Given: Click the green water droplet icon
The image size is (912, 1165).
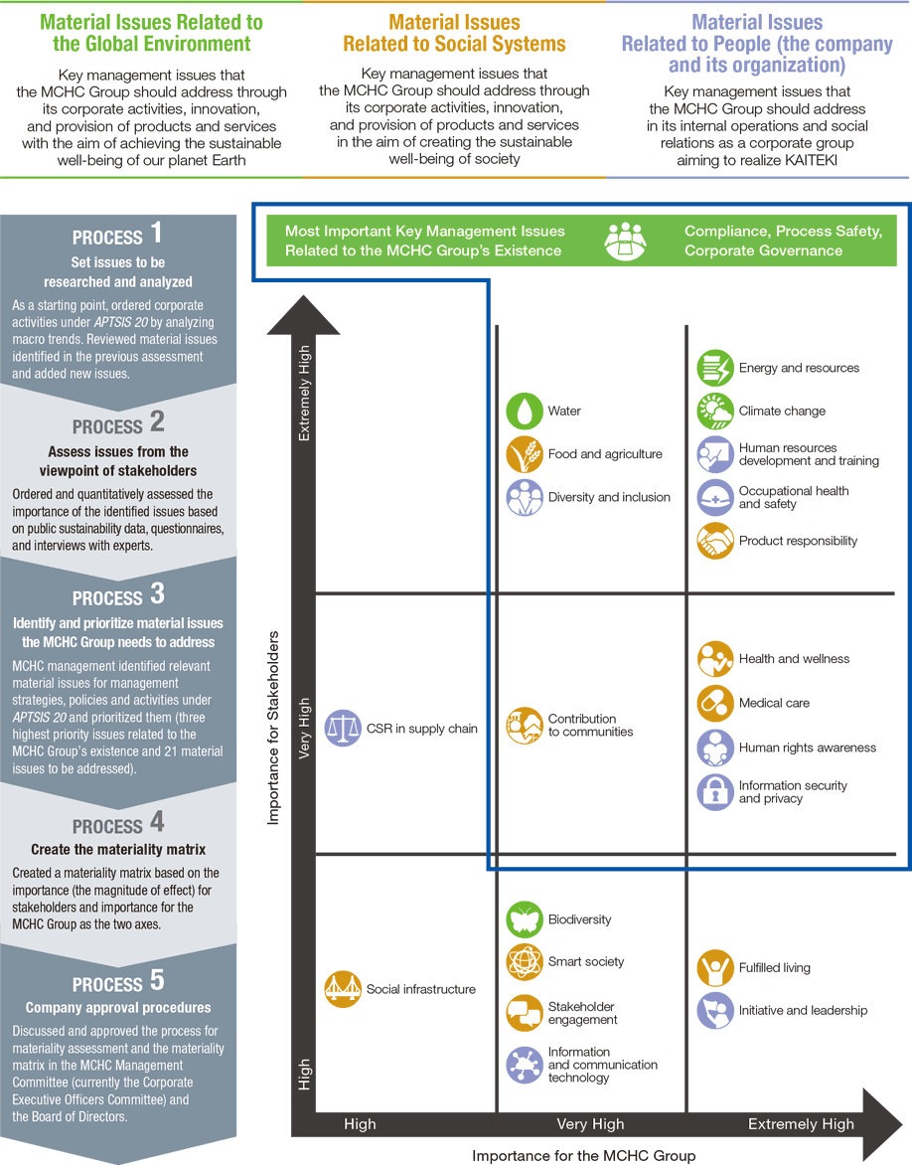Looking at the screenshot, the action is [x=525, y=411].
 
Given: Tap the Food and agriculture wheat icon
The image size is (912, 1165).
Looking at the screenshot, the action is [x=525, y=454].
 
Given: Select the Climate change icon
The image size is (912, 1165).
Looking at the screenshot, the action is [x=715, y=411].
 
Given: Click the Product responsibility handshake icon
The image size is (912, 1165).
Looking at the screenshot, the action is [x=715, y=541].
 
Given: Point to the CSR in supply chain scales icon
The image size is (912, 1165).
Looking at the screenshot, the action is [x=343, y=728].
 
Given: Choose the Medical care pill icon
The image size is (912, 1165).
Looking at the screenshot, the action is [x=715, y=703].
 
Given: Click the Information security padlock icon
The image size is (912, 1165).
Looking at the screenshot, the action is [x=715, y=792].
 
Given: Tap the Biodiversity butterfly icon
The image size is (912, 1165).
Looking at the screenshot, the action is [x=525, y=919].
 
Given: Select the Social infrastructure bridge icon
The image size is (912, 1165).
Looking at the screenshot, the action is [x=343, y=989].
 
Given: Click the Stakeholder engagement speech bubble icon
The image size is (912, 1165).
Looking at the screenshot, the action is [x=525, y=1013].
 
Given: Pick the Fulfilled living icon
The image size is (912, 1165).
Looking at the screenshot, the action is [x=715, y=967].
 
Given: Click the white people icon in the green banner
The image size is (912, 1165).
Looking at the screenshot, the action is [x=625, y=241].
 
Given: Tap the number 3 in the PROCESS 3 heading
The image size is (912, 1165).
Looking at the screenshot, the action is [x=157, y=593].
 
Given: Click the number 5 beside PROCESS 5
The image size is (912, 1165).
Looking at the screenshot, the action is [x=157, y=980].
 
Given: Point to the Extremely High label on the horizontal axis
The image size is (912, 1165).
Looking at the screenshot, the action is [x=801, y=1124].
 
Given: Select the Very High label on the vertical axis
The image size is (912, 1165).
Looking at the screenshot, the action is [x=304, y=728].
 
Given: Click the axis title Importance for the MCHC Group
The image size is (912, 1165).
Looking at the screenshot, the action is [x=584, y=1155].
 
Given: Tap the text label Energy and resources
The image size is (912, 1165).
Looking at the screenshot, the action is [x=799, y=368].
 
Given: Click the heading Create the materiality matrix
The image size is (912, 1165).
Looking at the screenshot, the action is [x=118, y=849].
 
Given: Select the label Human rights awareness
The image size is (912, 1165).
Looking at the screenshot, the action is [x=808, y=748].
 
